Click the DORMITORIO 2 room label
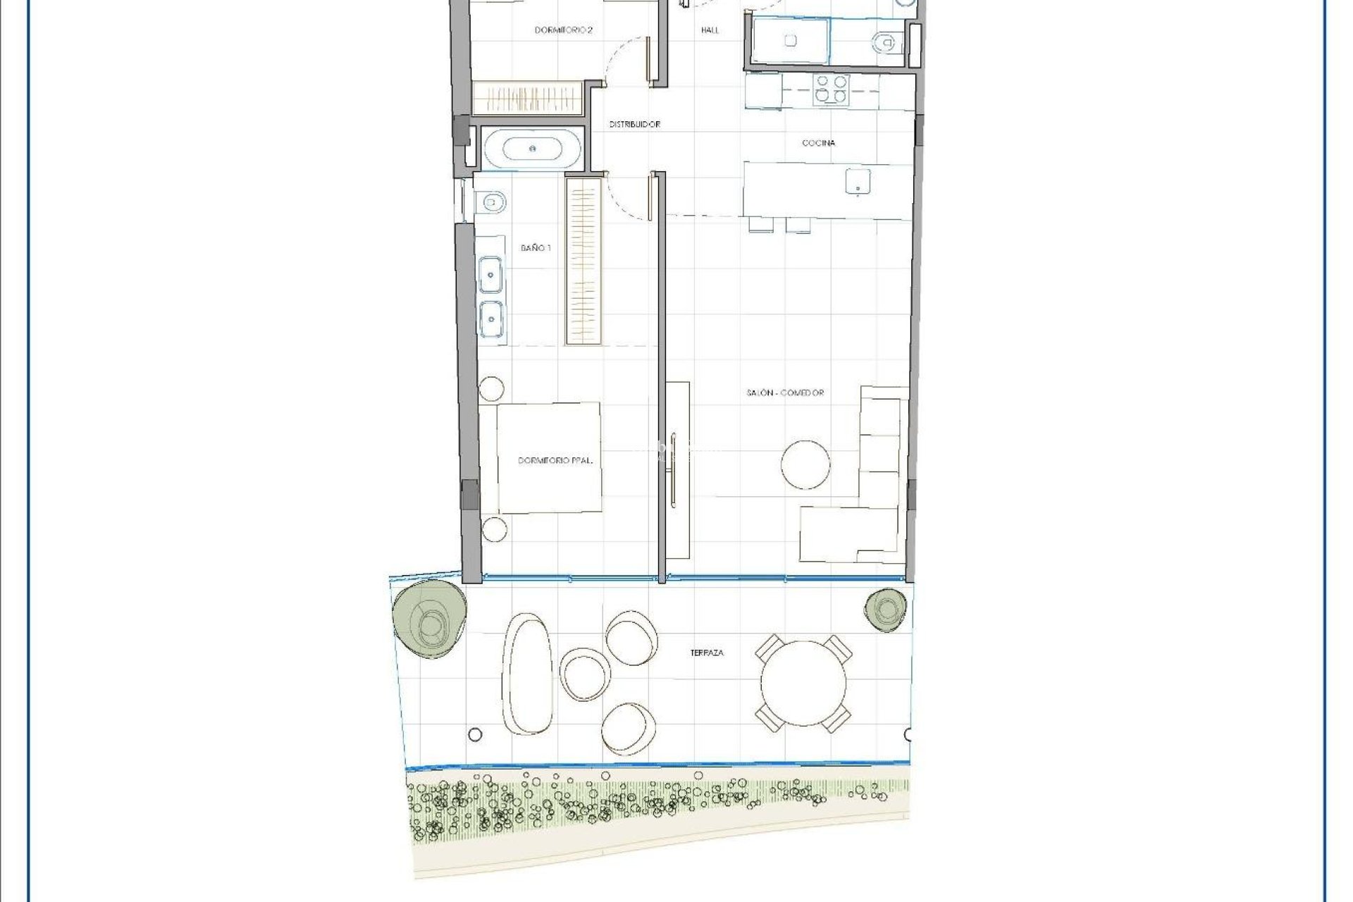point(563,30)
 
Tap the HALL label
point(710,30)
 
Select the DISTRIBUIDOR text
point(634,125)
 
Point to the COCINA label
point(818,143)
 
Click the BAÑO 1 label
point(536,248)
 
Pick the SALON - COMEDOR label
point(785,393)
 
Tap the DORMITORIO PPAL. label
point(555,460)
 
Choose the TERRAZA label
point(707,653)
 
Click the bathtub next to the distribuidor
point(533,149)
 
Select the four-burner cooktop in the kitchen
point(831,89)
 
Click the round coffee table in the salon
point(805,463)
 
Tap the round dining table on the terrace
point(803,681)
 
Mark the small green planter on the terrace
point(886,610)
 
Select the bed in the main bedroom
point(549,458)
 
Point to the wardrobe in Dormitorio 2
point(526,99)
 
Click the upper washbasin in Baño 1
point(490,274)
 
